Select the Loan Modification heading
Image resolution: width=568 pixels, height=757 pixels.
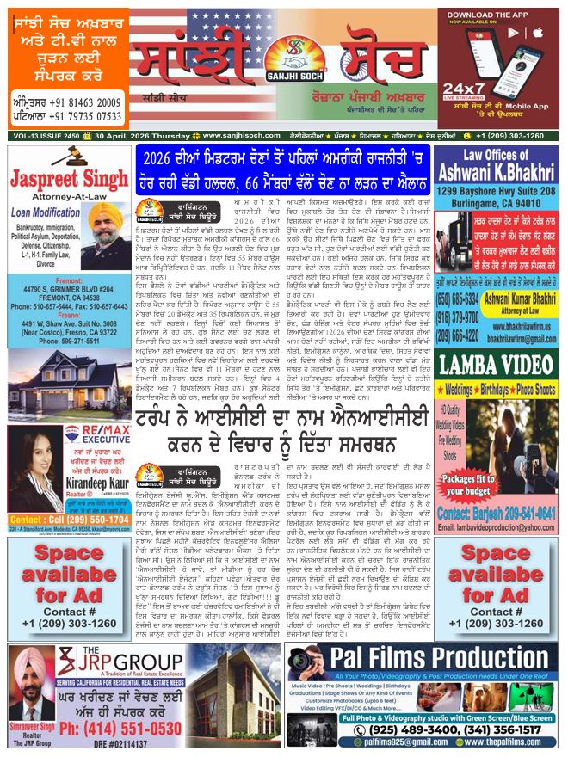point(61,212)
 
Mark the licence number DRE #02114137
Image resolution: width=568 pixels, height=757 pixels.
point(142,744)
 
